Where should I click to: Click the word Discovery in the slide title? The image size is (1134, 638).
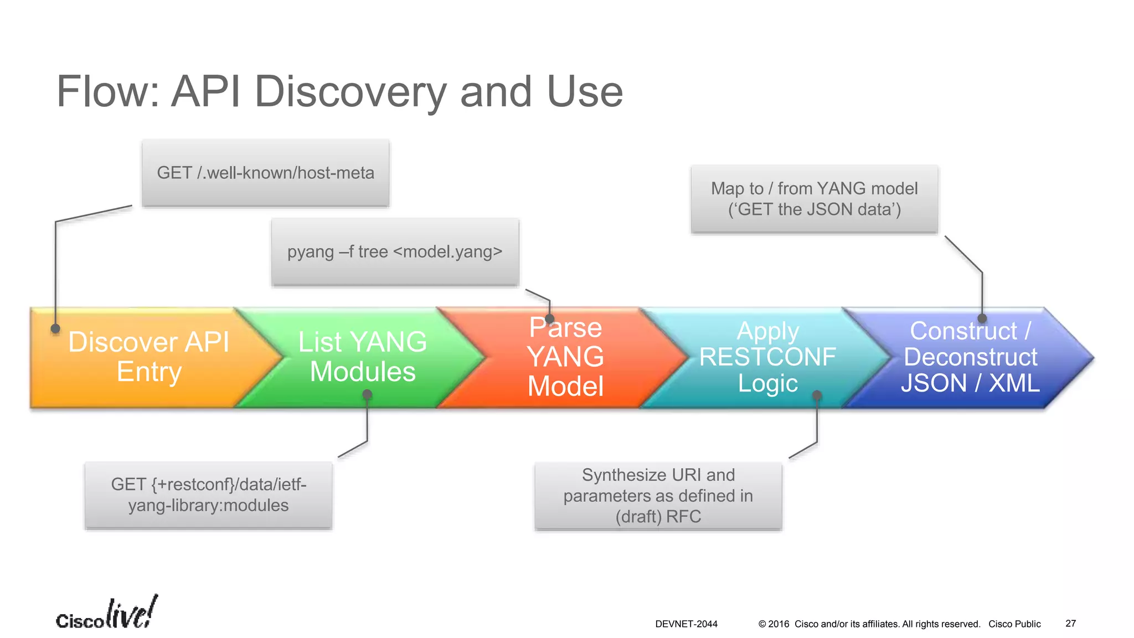click(x=349, y=92)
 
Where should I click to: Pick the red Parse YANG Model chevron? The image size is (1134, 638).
click(x=565, y=357)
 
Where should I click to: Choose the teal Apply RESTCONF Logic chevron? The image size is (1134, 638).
click(x=767, y=357)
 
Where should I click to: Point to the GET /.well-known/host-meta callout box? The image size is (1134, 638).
click(x=266, y=173)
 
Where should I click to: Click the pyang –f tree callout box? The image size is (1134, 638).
click(x=395, y=252)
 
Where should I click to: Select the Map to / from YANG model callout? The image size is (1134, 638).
click(x=814, y=199)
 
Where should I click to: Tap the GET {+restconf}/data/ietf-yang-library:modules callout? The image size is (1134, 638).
click(x=208, y=495)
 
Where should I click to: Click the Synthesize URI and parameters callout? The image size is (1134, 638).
click(x=658, y=496)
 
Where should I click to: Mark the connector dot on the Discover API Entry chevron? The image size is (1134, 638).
click(x=55, y=328)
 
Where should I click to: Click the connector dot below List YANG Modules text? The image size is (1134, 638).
click(x=367, y=395)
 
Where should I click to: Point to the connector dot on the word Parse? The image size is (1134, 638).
click(x=549, y=319)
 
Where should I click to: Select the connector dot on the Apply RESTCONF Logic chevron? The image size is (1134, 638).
click(x=817, y=395)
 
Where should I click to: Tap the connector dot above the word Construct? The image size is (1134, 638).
click(x=982, y=318)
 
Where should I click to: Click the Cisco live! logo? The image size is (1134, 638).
click(x=107, y=614)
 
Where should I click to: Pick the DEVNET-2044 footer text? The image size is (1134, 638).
click(x=686, y=624)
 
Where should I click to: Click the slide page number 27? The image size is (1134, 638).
click(x=1070, y=624)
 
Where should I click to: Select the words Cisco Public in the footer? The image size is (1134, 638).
click(x=1014, y=624)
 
